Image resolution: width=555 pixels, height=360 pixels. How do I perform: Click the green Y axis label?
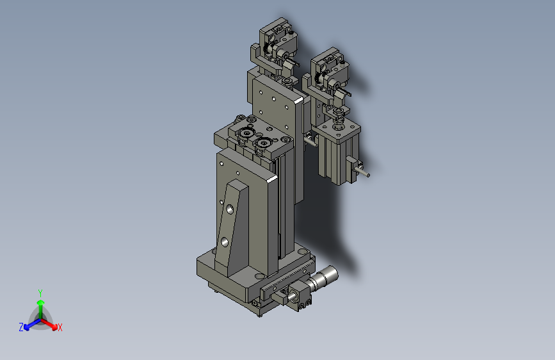pos(40,293)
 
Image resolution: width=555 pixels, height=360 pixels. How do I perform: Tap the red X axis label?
pos(60,327)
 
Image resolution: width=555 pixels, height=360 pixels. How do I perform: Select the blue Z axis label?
pos(21,327)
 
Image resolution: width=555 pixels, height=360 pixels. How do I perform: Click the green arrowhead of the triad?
pos(41,302)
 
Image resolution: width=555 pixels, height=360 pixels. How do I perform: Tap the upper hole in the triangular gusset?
pos(230,209)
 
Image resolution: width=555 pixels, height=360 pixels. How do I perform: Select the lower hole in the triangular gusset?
pos(225,242)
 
